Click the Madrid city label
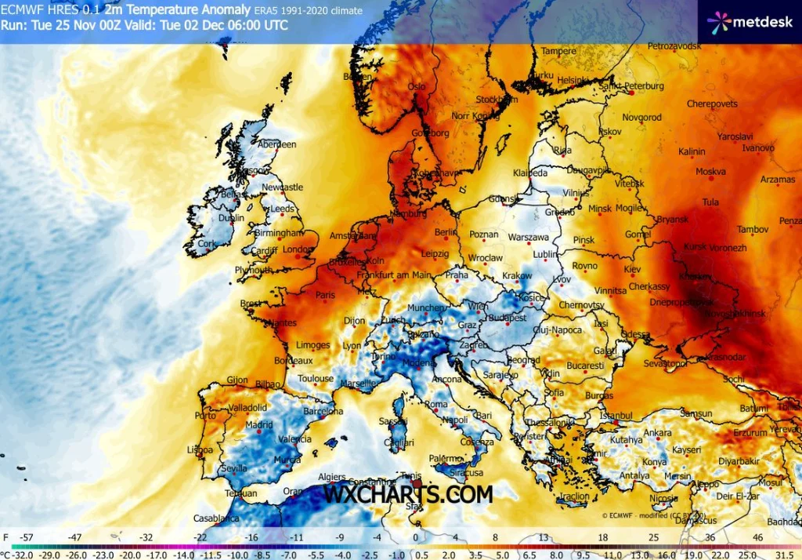click(x=258, y=425)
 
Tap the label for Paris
click(x=325, y=296)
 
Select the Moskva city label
click(x=710, y=172)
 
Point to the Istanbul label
click(x=616, y=415)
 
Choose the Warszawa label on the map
click(x=528, y=237)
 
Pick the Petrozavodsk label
click(x=674, y=46)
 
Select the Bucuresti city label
click(x=585, y=365)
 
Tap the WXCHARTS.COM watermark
click(x=408, y=494)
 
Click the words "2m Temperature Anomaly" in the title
click(x=157, y=10)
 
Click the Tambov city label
click(x=753, y=229)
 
